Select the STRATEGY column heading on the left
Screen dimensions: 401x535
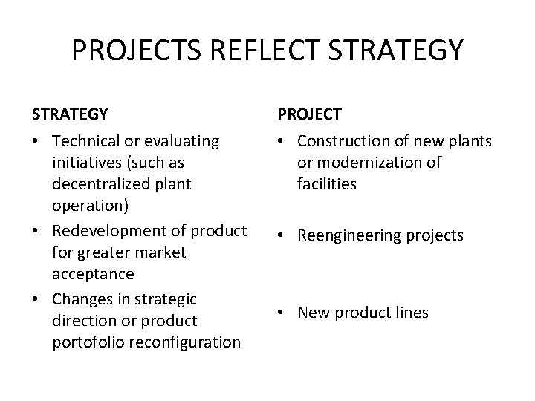70,114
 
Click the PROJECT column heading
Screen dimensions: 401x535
310,114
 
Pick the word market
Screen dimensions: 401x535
159,252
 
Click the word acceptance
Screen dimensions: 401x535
93,274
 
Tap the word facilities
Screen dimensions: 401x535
327,183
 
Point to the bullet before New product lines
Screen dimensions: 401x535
283,313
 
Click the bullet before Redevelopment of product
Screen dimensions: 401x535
38,231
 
